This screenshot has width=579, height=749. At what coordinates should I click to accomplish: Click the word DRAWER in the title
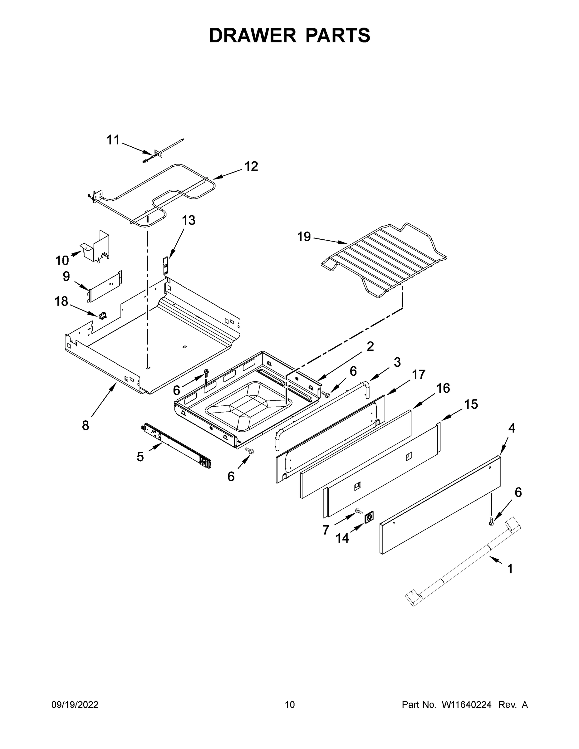[x=252, y=36]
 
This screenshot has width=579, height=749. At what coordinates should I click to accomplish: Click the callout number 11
[x=113, y=140]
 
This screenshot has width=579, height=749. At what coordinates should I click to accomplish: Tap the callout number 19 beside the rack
[x=304, y=237]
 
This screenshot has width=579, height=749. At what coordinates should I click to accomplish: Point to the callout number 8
[x=86, y=426]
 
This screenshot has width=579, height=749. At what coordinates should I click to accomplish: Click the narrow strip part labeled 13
[x=166, y=265]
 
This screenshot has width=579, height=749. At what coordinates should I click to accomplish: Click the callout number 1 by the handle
[x=510, y=569]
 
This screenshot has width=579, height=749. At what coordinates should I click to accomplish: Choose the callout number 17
[x=419, y=374]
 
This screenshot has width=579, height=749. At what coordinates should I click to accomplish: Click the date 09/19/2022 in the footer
[x=75, y=705]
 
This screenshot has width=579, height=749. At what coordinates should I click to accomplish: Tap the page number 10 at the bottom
[x=290, y=705]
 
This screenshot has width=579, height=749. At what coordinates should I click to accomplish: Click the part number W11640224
[x=467, y=705]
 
